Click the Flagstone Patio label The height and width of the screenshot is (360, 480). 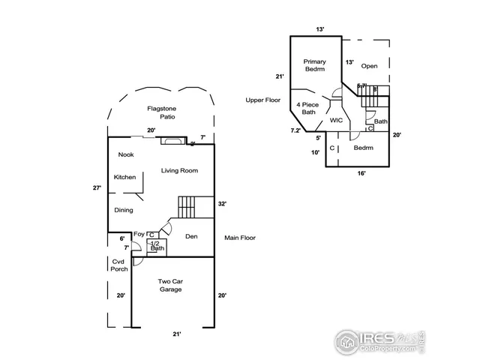(x=160, y=113)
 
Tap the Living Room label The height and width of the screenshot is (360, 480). (x=179, y=171)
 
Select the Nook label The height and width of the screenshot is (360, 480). (x=126, y=155)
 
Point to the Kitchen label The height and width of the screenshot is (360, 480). (x=124, y=177)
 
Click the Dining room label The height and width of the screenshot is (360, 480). (x=124, y=210)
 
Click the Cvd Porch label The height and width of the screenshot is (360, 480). (x=119, y=265)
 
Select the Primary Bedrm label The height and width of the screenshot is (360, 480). (x=314, y=65)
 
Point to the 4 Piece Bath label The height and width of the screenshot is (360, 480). (x=308, y=109)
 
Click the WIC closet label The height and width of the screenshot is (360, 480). (x=336, y=120)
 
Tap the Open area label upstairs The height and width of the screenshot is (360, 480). (x=370, y=66)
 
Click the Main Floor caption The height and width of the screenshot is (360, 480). (x=240, y=238)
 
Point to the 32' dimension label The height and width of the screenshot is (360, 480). (x=223, y=203)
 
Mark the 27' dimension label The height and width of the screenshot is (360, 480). (x=97, y=188)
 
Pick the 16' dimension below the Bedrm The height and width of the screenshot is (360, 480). (x=361, y=173)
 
